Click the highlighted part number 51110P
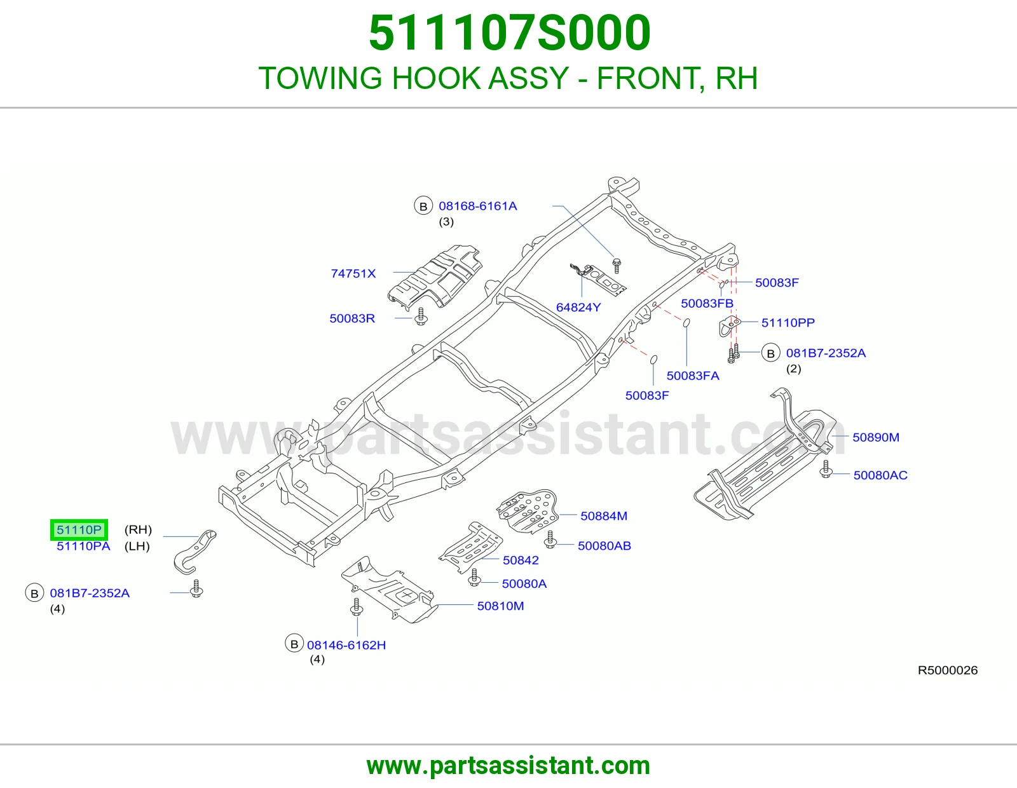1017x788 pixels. coord(79,530)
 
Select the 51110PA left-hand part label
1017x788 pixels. coord(83,546)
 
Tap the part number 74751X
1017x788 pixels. coord(353,273)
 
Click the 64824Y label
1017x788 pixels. coord(578,308)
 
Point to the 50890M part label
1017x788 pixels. coord(876,437)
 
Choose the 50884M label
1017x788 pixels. coord(604,515)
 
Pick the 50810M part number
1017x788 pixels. coord(500,606)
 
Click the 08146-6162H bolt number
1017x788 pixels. coord(346,645)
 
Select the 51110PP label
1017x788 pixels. coord(788,322)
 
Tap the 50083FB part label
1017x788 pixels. coord(707,303)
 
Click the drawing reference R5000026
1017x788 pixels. coord(947,670)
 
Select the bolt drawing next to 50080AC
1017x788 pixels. coord(826,469)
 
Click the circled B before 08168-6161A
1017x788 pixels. coord(423,206)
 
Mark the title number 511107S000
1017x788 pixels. coord(509,32)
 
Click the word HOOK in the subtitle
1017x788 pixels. coord(436,78)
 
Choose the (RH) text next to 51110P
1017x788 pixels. coord(138,530)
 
